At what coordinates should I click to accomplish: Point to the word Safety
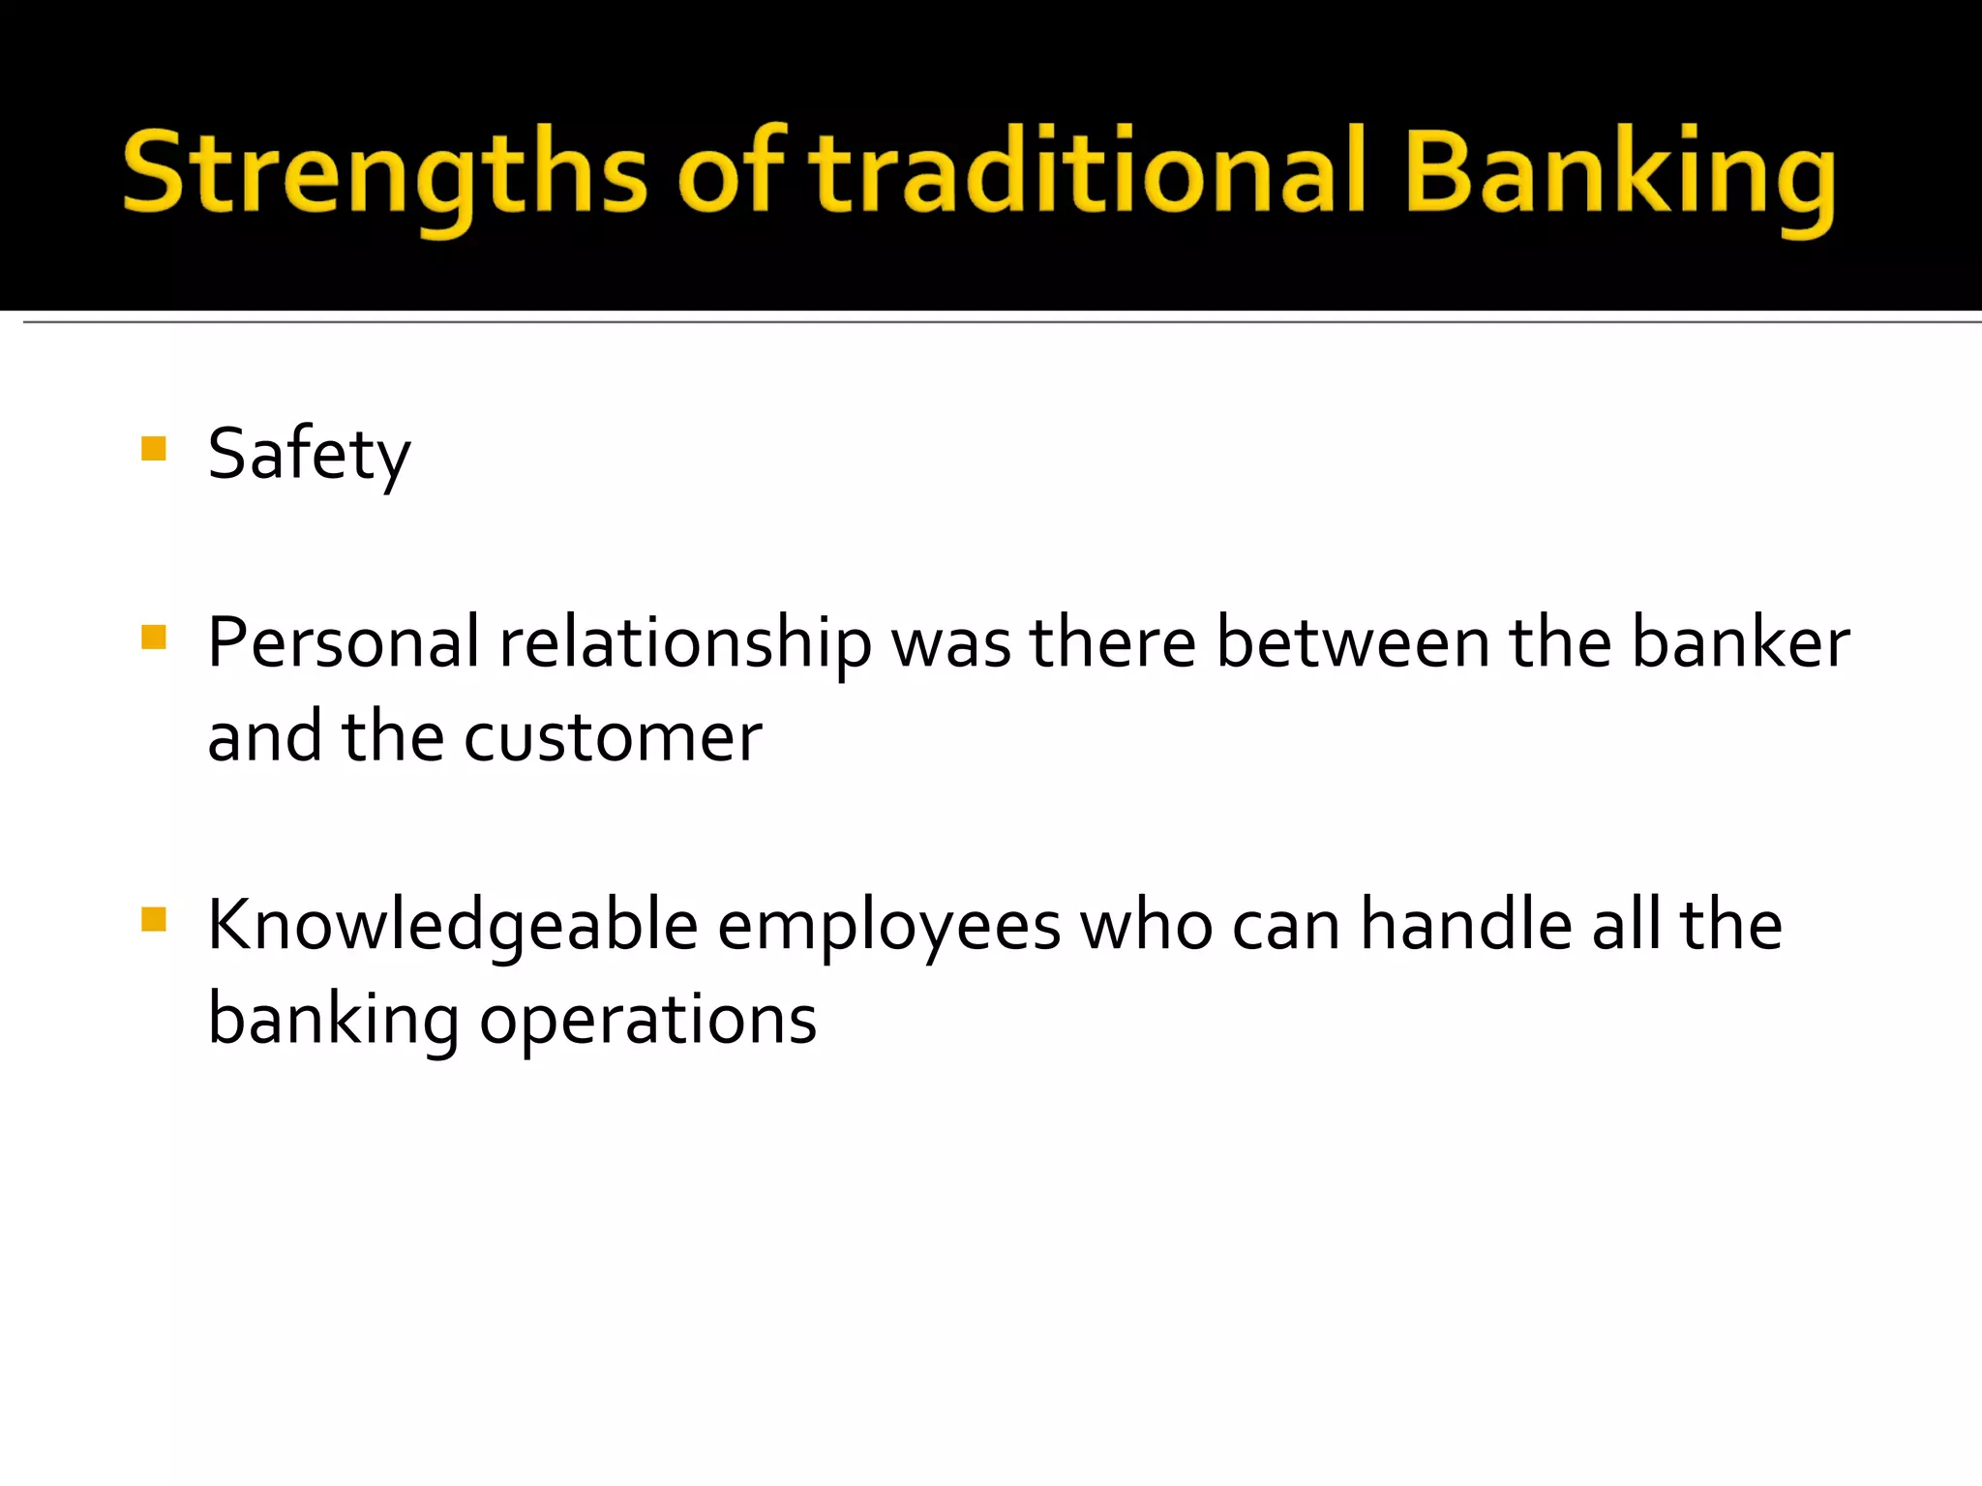coord(309,455)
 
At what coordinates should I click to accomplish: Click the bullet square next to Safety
coord(154,449)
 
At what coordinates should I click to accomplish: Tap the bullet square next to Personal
coord(154,638)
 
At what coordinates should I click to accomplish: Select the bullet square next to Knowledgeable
coord(154,919)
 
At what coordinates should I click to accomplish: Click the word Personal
coord(344,643)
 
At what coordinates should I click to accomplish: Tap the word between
coord(1352,643)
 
